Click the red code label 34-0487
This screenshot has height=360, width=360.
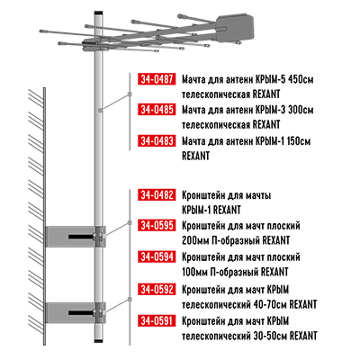[x=157, y=79]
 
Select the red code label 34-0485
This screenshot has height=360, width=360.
[x=157, y=110]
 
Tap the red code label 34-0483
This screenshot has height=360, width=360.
[x=157, y=140]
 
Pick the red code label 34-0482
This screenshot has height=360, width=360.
[x=157, y=195]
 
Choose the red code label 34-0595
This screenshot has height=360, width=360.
[x=157, y=225]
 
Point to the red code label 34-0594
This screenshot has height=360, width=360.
[x=157, y=257]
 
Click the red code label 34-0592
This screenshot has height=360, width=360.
[x=157, y=290]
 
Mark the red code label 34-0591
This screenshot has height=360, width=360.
[x=157, y=320]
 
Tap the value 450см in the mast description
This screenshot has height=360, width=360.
[x=301, y=80]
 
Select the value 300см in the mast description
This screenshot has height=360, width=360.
[x=301, y=110]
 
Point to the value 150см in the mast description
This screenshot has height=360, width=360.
[x=299, y=141]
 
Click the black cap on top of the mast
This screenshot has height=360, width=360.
[x=98, y=13]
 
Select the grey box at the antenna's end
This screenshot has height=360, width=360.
[x=236, y=28]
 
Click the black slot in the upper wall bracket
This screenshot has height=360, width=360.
[x=81, y=237]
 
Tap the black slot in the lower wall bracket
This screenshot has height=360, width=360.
[x=81, y=313]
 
